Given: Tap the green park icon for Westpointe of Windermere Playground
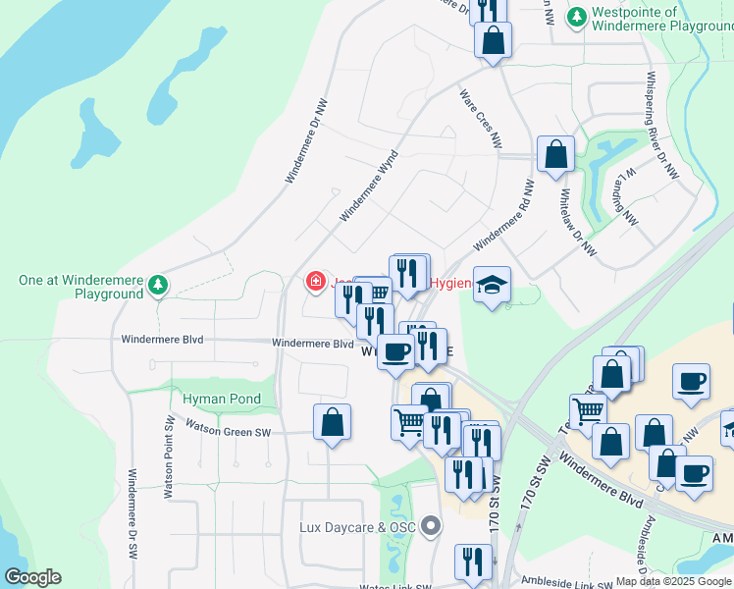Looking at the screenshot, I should click(578, 18).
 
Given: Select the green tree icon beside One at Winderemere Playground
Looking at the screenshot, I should click(158, 286).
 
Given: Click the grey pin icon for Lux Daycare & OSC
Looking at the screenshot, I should click(431, 527).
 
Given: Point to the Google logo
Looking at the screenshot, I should click(32, 577).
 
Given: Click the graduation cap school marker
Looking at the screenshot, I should click(492, 285).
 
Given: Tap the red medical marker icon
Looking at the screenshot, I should click(316, 283).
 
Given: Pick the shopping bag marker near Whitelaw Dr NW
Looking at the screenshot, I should click(555, 154).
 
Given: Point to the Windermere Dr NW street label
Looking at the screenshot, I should click(305, 139).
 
